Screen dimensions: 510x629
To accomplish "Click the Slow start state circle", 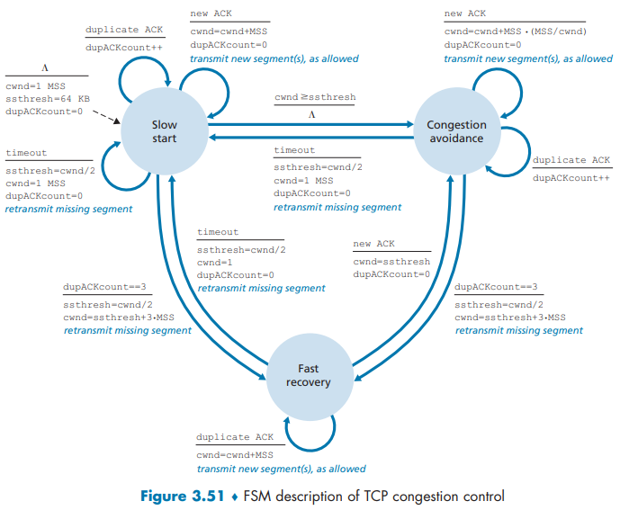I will (165, 131).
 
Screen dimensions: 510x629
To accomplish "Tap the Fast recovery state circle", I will (309, 375).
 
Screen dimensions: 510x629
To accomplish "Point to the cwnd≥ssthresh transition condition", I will (315, 97).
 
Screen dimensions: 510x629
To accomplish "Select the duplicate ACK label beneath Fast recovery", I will (235, 437).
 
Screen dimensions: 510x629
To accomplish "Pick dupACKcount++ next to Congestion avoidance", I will (565, 178).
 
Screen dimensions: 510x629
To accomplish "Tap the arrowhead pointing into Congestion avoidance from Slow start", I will (409, 124).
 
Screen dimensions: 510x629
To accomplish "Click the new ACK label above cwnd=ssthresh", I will (373, 244).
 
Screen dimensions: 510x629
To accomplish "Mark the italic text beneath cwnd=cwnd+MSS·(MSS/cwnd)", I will (528, 58).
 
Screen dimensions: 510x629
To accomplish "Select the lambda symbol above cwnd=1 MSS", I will (44, 67).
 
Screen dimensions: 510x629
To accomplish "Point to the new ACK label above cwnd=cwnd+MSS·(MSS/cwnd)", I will (465, 14).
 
